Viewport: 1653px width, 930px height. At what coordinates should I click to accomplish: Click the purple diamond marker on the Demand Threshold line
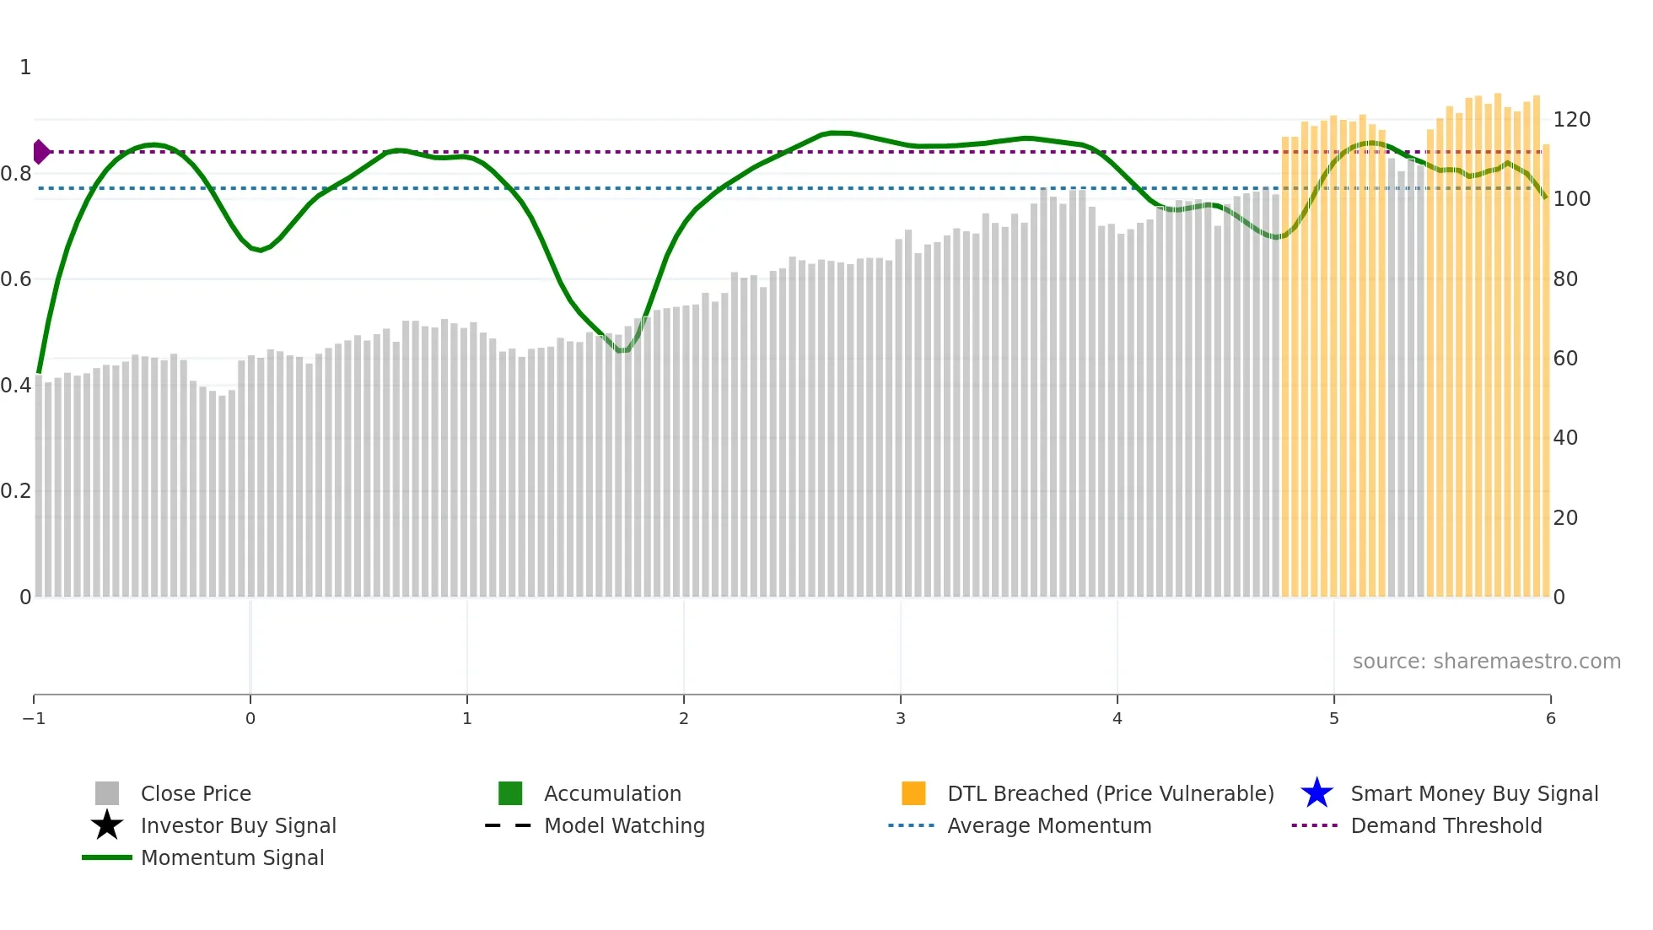coord(40,152)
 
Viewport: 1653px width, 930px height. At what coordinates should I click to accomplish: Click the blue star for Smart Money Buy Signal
coord(1316,793)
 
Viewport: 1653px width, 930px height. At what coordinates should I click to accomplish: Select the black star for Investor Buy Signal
coord(107,825)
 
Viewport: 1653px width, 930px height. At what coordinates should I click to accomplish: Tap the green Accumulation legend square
coord(510,793)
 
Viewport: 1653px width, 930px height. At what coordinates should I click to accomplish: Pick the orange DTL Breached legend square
coord(913,793)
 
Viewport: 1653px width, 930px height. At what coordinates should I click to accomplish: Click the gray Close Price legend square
coord(107,793)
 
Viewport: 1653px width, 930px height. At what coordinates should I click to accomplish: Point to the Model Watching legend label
coord(624,825)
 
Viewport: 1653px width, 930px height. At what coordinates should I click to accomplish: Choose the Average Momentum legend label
coord(1049,825)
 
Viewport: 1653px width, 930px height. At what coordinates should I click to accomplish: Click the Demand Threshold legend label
coord(1446,825)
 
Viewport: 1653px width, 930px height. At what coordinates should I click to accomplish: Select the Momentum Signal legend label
coord(232,857)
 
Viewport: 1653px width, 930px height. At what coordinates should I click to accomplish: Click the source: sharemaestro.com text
coord(1486,661)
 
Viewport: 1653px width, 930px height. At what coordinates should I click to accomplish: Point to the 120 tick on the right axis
coord(1571,120)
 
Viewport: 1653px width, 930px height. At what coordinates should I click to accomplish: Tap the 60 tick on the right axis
coord(1565,359)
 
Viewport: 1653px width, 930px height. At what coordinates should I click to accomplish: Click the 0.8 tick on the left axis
coord(17,174)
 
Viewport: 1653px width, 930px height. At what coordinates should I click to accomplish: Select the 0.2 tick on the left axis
coord(17,491)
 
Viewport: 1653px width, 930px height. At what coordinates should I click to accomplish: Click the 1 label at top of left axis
coord(25,68)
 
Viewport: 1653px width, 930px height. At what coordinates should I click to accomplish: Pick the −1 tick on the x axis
coord(34,718)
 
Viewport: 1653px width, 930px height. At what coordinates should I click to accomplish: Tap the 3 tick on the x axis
coord(901,718)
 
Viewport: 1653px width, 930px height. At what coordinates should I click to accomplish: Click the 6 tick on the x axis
coord(1550,718)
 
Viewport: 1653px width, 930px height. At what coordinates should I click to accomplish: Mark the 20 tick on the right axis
coord(1565,517)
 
